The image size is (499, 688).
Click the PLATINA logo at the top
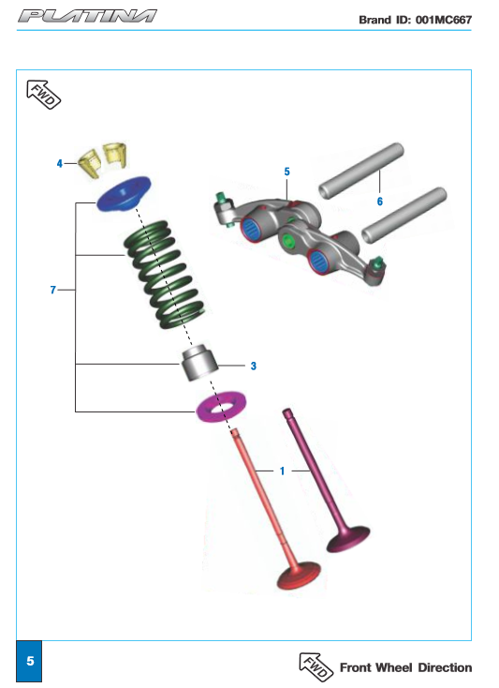point(87,16)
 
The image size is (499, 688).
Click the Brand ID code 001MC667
point(444,20)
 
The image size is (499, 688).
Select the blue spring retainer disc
point(124,193)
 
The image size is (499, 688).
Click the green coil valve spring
point(165,275)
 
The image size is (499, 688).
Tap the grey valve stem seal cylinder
point(199,364)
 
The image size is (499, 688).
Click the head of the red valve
point(299,576)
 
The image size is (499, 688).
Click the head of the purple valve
point(348,539)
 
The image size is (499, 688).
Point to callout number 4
point(60,164)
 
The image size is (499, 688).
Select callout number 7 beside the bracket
point(53,290)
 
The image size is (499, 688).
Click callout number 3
point(253,366)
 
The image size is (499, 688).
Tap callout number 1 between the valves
point(282,471)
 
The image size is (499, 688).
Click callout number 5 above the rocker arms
point(287,172)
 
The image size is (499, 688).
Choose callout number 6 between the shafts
point(380,202)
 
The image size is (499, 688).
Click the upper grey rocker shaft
point(361,172)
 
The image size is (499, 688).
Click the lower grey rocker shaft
point(404,214)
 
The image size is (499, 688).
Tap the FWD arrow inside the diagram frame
point(44,95)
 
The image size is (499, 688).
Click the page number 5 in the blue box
point(30,661)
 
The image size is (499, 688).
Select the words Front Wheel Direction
point(405,667)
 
